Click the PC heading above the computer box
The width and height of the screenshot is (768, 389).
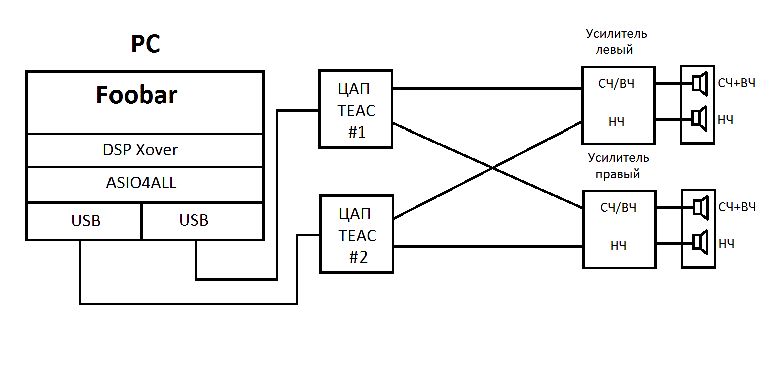(146, 44)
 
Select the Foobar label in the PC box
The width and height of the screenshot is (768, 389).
(137, 95)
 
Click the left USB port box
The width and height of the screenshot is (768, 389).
(86, 221)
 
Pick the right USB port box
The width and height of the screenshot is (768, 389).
(194, 221)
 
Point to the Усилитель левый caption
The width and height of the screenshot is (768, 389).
(616, 42)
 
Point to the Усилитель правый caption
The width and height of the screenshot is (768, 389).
(618, 166)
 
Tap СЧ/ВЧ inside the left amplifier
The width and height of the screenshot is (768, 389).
(617, 83)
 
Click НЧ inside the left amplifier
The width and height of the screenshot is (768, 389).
(617, 121)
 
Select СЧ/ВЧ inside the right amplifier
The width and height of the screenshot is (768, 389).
(618, 207)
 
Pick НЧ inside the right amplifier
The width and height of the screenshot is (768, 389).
(618, 246)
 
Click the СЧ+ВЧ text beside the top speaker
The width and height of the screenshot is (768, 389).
(736, 83)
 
